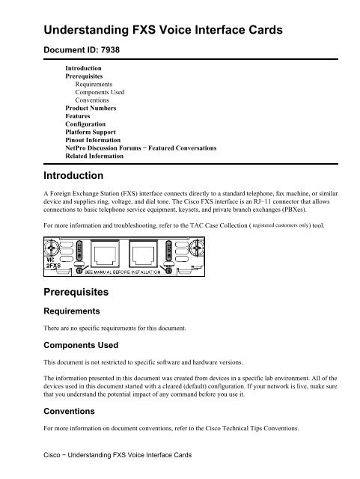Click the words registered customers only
pos(280,224)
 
